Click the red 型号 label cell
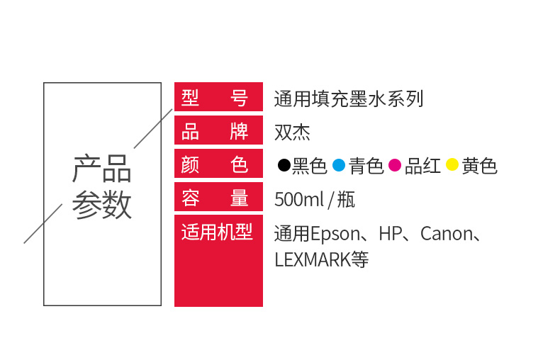(218, 97)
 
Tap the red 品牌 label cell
(218, 130)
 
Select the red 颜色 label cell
(218, 163)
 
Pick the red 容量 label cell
(218, 197)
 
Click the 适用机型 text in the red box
(217, 232)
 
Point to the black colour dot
(284, 165)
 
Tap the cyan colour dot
(339, 165)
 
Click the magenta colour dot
(395, 165)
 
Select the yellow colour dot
(452, 164)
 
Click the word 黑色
(309, 166)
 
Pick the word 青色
(366, 166)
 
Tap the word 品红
(422, 166)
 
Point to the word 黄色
(479, 166)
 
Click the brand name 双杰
(292, 133)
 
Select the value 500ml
(299, 199)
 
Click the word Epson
(336, 235)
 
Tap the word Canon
(447, 234)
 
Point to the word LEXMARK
(313, 259)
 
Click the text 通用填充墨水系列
(349, 99)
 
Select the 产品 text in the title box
(102, 168)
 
